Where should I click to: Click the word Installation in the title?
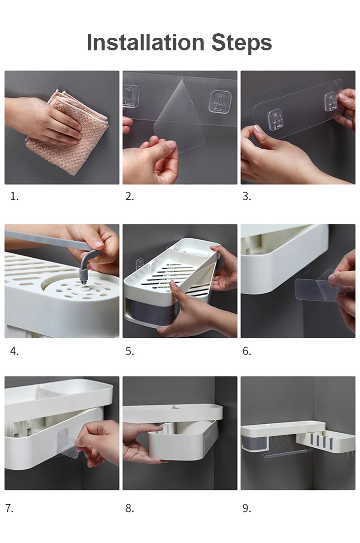[146, 42]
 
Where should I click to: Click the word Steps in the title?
[242, 44]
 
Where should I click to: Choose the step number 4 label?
[14, 351]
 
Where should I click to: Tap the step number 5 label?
[130, 351]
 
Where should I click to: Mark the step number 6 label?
[247, 351]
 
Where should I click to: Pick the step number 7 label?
[9, 508]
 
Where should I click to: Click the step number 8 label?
[130, 508]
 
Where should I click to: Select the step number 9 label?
[247, 508]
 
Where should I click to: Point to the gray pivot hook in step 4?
[86, 266]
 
